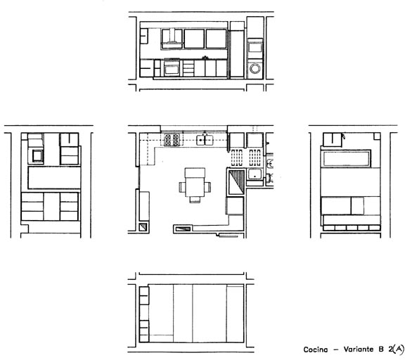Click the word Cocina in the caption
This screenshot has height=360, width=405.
coord(316,349)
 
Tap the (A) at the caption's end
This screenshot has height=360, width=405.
coord(398,349)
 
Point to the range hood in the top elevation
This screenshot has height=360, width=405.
coord(172,39)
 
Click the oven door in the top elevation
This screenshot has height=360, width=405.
coord(172,70)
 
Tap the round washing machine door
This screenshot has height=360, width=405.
coord(255,69)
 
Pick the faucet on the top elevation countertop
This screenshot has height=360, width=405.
coord(205,58)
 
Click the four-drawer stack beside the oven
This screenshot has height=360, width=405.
coord(188,68)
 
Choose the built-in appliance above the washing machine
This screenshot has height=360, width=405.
coord(255,49)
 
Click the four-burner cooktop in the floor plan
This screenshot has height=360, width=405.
coord(172,140)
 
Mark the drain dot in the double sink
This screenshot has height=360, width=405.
coord(200,140)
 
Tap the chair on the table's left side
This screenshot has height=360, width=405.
coord(182,187)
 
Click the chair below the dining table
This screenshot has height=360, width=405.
coord(195,199)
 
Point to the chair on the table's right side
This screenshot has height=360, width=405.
coord(208,187)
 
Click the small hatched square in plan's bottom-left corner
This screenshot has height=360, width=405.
coord(143,226)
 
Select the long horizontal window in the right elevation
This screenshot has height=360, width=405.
coord(346,159)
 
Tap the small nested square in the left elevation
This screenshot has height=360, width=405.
coord(37,155)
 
